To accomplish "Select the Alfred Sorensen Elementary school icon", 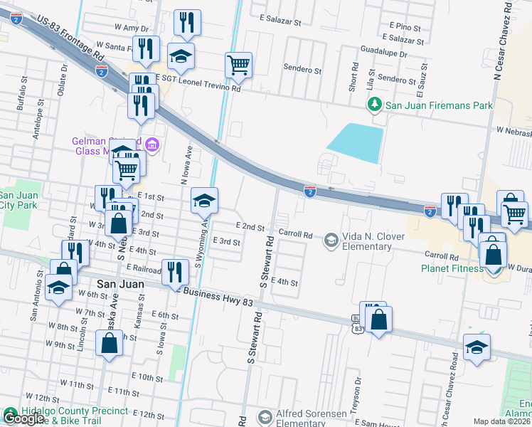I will [265, 416].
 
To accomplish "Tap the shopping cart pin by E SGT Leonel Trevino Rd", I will [239, 65].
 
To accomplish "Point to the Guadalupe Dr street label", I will [383, 53].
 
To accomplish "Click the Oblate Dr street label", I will [63, 78].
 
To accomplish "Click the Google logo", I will [23, 418].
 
